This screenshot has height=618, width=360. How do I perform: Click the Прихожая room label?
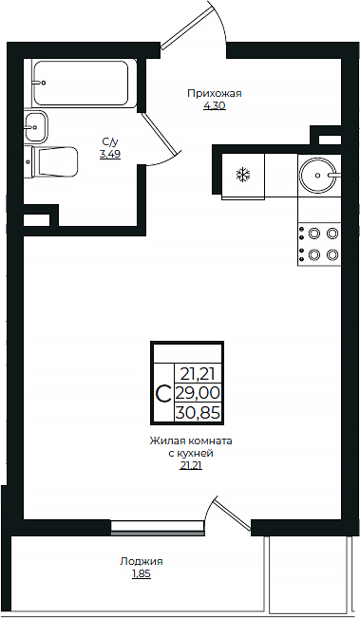215,93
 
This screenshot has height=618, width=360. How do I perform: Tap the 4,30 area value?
215,105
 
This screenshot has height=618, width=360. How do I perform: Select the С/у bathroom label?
110,141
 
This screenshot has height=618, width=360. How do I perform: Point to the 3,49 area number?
110,154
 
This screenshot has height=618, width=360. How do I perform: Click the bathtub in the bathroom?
84,84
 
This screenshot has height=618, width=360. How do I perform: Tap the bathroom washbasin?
34,123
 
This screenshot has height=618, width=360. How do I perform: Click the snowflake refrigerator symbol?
242,175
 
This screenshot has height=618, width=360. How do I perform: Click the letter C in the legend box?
163,393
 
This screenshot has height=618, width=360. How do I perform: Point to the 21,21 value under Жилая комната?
191,465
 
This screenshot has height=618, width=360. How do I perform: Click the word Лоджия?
142,561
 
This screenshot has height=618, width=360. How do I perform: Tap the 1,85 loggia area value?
142,573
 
